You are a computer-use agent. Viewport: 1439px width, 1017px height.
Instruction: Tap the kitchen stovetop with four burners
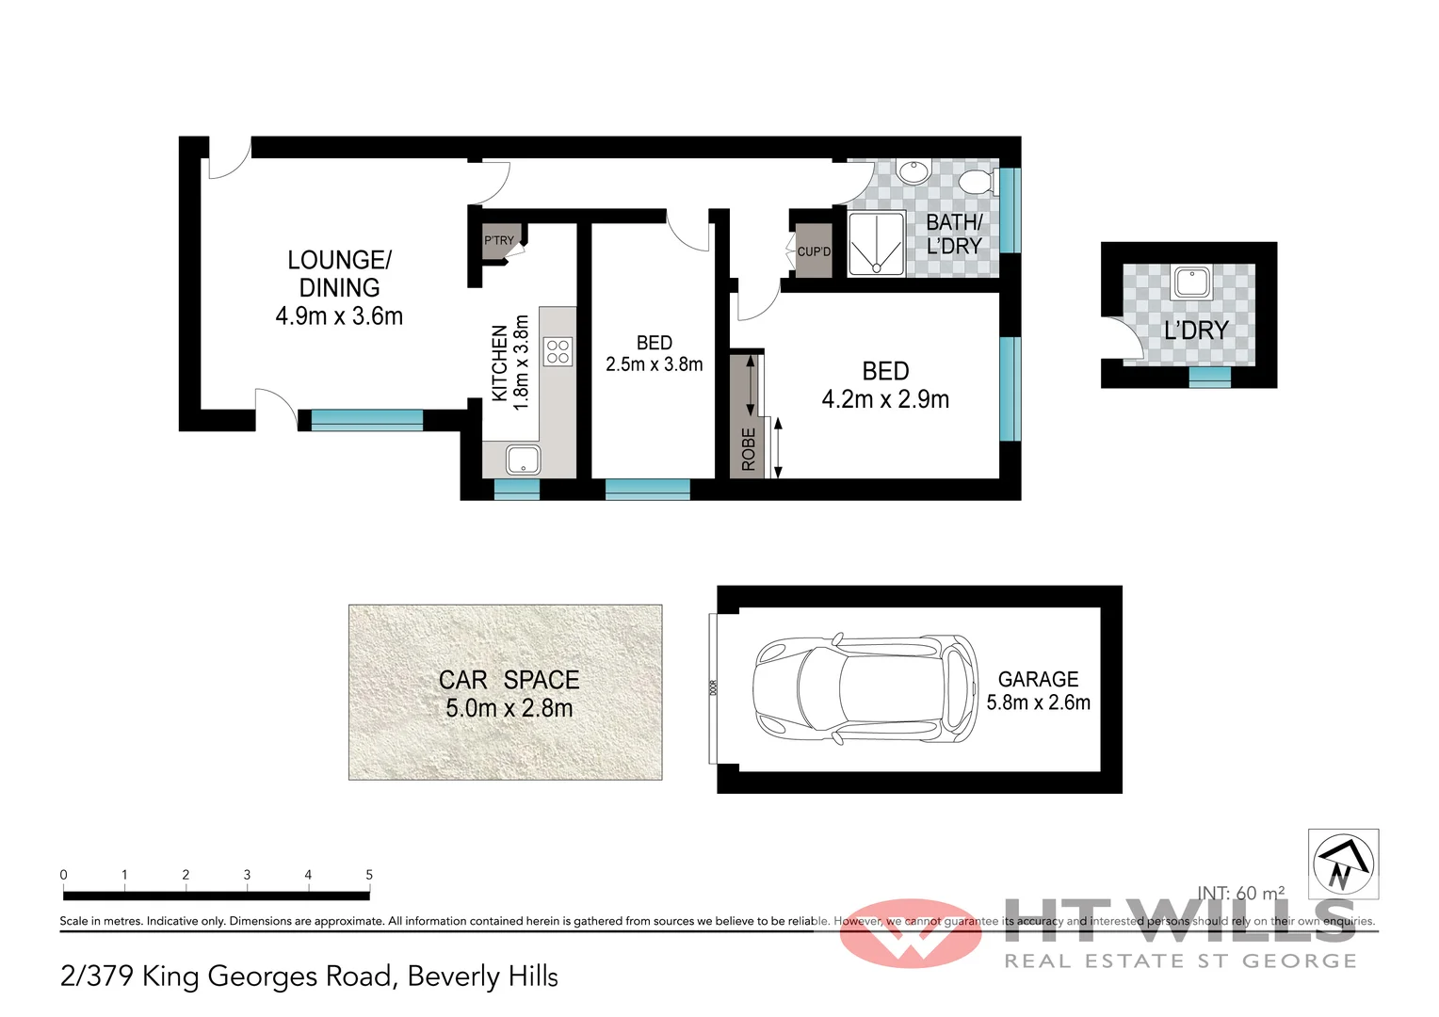558,351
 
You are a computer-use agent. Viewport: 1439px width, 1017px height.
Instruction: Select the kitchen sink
523,460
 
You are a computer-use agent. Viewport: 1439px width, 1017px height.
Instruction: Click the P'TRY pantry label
499,240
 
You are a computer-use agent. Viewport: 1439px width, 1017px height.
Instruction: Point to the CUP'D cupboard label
814,251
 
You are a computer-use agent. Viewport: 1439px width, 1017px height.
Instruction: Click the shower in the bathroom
876,244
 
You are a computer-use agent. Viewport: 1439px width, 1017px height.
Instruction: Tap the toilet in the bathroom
978,181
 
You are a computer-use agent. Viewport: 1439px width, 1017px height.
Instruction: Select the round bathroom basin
912,172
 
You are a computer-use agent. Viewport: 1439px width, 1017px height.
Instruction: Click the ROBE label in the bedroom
749,449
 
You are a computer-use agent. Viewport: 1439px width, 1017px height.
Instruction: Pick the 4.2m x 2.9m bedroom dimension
885,399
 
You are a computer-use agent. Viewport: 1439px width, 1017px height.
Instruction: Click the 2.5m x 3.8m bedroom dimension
655,364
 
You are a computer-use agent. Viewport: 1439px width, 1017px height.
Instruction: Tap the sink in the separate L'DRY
1192,282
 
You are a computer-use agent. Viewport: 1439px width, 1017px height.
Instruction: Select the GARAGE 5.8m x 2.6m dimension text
1038,702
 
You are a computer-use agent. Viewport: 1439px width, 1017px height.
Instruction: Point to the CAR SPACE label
509,680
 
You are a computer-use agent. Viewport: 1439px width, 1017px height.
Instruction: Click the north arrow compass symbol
1343,864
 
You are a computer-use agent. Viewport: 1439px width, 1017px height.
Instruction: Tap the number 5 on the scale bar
369,875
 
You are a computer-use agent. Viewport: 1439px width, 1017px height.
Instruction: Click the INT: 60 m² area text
1240,893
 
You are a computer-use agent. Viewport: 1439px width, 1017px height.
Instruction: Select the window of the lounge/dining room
366,420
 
